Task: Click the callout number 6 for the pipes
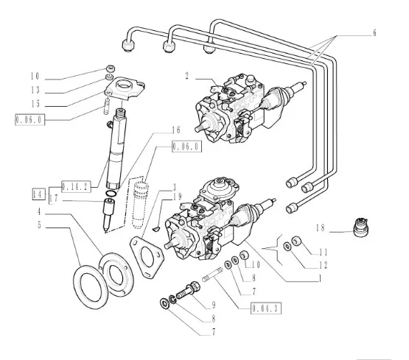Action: (374, 33)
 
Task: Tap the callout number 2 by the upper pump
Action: (186, 76)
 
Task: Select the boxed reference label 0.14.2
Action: (77, 186)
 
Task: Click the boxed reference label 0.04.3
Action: (266, 308)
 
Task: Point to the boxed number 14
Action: (38, 194)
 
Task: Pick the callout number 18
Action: (321, 228)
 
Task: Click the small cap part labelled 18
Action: (361, 227)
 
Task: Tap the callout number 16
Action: (176, 130)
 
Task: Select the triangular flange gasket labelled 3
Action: (147, 257)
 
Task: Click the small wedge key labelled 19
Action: (155, 229)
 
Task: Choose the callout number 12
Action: (323, 266)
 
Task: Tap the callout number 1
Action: (320, 279)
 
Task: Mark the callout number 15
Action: (35, 104)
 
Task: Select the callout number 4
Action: (39, 212)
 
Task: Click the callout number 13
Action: (35, 90)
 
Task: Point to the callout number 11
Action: (324, 253)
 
